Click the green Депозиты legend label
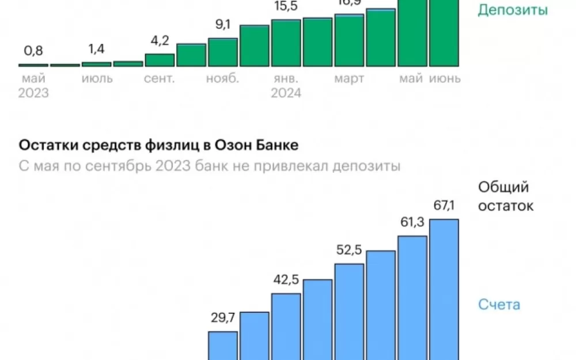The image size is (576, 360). (x=513, y=10)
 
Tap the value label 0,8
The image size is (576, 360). (x=34, y=51)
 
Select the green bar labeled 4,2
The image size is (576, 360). (x=160, y=60)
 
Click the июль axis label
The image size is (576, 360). (x=97, y=79)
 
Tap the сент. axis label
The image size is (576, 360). (x=160, y=79)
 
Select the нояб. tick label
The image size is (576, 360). (x=222, y=79)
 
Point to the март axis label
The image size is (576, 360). (x=349, y=79)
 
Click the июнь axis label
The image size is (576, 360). (x=445, y=79)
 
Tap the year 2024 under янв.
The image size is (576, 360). (x=286, y=93)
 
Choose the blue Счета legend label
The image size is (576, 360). (x=499, y=304)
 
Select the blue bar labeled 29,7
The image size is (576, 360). (x=223, y=346)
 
